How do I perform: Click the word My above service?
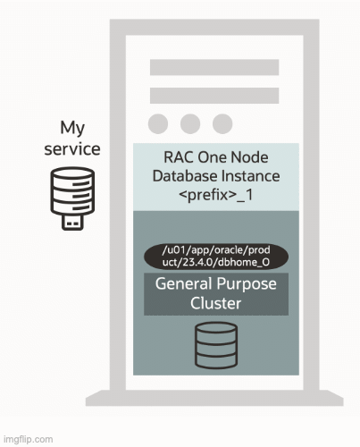pyautogui.click(x=72, y=128)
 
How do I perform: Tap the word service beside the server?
pyautogui.click(x=72, y=148)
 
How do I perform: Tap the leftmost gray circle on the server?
pyautogui.click(x=159, y=123)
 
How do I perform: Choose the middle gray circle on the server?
pyautogui.click(x=190, y=123)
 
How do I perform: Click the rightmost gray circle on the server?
pyautogui.click(x=222, y=123)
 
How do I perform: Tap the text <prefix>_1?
pyautogui.click(x=215, y=194)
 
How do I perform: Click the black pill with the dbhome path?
pyautogui.click(x=215, y=257)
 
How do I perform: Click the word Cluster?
pyautogui.click(x=215, y=303)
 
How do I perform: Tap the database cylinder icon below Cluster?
pyautogui.click(x=215, y=345)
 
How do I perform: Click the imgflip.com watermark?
pyautogui.click(x=28, y=440)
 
